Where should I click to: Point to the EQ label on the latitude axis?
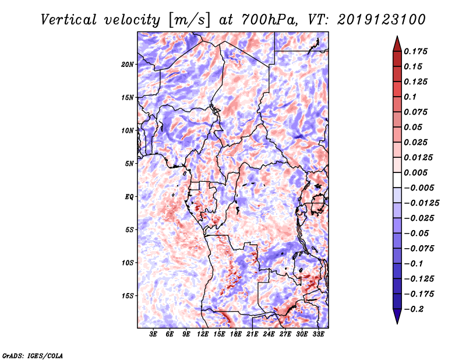(129, 196)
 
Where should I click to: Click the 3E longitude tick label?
(154, 334)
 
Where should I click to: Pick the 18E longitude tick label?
(236, 334)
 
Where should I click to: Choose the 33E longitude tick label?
(318, 334)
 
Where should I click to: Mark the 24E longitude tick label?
(269, 334)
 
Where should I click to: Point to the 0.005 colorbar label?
(417, 172)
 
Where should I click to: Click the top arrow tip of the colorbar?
(397, 37)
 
